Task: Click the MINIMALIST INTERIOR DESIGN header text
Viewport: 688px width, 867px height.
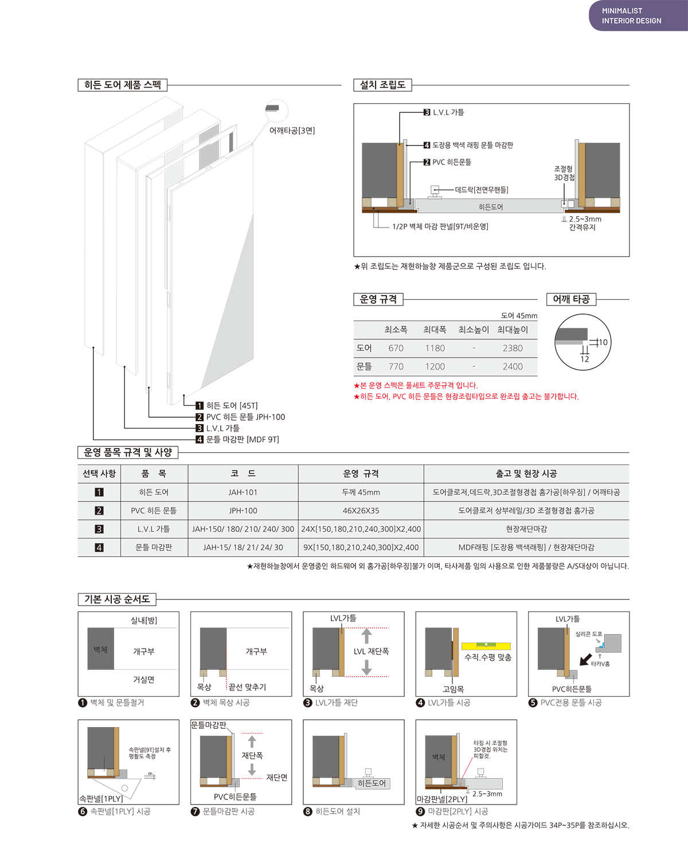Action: (631, 16)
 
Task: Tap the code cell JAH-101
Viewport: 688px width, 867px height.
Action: (243, 492)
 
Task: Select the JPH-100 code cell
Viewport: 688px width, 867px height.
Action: (243, 511)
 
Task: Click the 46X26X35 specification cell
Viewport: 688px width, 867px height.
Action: (361, 511)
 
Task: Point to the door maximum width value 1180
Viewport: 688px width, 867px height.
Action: (435, 348)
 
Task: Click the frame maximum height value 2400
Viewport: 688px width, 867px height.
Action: (513, 367)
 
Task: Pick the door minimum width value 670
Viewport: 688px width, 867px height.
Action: (396, 348)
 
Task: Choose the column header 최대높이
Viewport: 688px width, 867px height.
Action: (513, 330)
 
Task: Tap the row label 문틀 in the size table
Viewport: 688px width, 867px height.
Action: (364, 367)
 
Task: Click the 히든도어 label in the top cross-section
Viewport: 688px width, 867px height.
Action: (491, 207)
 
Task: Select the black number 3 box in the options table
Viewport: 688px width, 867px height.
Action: (99, 529)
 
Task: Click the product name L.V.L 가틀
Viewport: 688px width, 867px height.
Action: (154, 529)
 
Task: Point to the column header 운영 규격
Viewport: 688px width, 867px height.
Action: (361, 474)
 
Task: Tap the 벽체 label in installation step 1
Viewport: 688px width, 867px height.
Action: (100, 649)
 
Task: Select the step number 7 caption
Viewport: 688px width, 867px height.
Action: (195, 811)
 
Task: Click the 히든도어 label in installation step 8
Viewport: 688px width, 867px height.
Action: (372, 783)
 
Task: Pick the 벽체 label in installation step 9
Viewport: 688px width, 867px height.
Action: (439, 757)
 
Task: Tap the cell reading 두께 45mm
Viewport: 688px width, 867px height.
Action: (361, 492)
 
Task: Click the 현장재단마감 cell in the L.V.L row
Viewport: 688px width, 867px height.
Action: (526, 529)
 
